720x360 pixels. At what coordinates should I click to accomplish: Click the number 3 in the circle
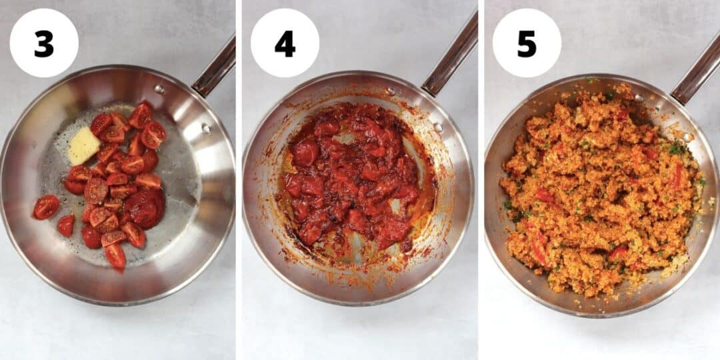pyautogui.click(x=44, y=43)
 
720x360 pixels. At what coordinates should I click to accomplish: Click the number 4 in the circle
pyautogui.click(x=285, y=43)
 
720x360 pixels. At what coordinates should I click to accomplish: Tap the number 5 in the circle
pyautogui.click(x=527, y=43)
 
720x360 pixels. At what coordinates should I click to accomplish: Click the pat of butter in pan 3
pyautogui.click(x=83, y=145)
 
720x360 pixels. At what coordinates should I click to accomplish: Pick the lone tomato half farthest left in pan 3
pyautogui.click(x=46, y=207)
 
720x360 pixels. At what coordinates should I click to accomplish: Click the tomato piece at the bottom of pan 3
pyautogui.click(x=115, y=255)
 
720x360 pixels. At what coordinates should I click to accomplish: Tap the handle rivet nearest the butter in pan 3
pyautogui.click(x=159, y=89)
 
